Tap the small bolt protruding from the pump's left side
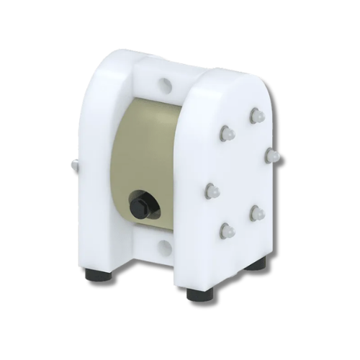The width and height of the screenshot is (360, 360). [x=74, y=166]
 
